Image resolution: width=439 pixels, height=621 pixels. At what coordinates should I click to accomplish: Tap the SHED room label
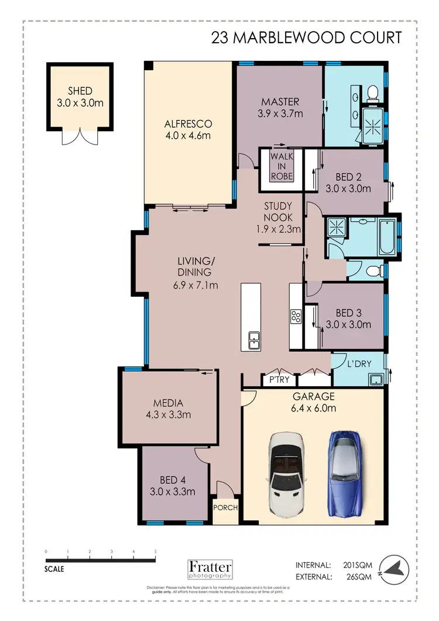pyautogui.click(x=80, y=97)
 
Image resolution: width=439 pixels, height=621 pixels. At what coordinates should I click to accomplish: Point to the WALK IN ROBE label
pyautogui.click(x=281, y=166)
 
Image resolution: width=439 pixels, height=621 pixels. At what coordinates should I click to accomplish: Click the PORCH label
pyautogui.click(x=225, y=507)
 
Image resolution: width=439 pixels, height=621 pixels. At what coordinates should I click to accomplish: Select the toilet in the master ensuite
pyautogui.click(x=371, y=92)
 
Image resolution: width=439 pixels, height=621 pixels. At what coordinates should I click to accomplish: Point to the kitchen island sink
pyautogui.click(x=254, y=339)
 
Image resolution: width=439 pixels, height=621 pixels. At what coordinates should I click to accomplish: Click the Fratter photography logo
pyautogui.click(x=210, y=569)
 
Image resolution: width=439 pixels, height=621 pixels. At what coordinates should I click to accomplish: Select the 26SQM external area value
pyautogui.click(x=360, y=577)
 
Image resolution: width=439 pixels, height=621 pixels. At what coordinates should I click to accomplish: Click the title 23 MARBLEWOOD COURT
pyautogui.click(x=307, y=38)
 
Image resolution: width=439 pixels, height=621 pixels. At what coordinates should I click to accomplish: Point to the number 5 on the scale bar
pyautogui.click(x=156, y=551)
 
